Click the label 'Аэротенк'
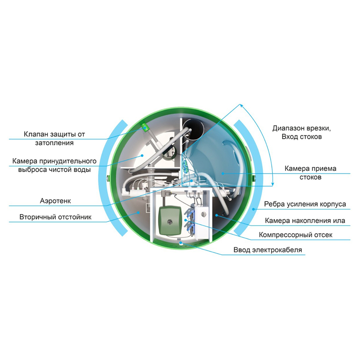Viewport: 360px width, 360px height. click(55, 201)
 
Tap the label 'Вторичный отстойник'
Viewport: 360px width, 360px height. click(55, 217)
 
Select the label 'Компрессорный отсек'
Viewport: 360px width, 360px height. click(295, 235)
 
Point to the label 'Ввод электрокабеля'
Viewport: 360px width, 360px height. click(268, 250)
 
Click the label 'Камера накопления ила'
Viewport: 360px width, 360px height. click(305, 221)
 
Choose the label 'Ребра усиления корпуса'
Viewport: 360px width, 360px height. click(305, 204)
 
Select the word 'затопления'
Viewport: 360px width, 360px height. click(54, 143)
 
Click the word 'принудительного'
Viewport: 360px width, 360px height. click(68, 161)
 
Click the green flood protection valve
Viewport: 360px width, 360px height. click(145, 127)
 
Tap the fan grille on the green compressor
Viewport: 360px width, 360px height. click(170, 222)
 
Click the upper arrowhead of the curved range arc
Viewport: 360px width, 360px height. click(241, 105)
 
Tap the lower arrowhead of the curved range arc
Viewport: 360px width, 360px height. click(273, 184)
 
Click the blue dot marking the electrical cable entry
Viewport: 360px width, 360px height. click(181, 243)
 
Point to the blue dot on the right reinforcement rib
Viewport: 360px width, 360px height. click(253, 209)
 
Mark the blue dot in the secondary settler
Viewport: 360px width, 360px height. click(138, 213)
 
